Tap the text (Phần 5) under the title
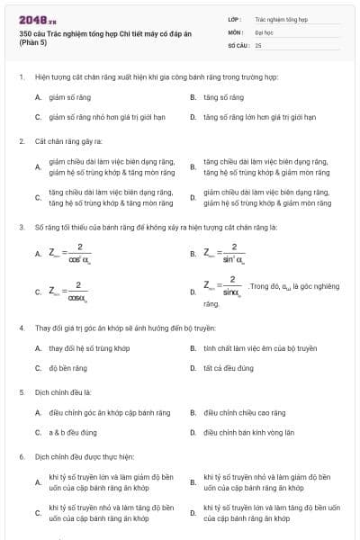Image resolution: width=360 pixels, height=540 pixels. pos(33,44)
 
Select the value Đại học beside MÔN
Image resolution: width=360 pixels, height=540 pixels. pos(264,31)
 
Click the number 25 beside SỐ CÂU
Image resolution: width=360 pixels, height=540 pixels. pos(258,44)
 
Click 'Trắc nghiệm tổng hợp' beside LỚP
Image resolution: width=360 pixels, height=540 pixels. pos(281,18)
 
